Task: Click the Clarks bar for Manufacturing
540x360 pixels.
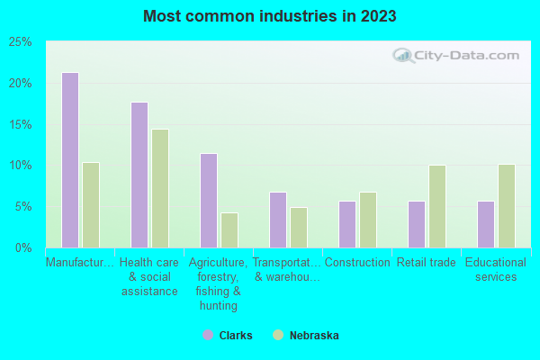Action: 70,160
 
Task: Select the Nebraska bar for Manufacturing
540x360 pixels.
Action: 91,205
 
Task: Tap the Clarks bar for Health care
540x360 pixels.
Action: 139,175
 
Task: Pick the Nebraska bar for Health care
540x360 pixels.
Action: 160,188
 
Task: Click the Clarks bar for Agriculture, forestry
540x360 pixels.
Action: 209,201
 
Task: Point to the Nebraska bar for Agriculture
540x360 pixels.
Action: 229,230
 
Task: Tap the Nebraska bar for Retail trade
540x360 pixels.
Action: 437,206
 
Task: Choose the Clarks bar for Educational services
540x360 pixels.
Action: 486,224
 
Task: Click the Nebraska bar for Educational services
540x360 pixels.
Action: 507,206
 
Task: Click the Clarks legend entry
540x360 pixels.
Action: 228,335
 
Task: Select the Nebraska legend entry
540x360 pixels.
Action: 306,335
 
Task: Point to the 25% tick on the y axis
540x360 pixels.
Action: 20,42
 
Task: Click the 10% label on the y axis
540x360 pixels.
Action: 20,166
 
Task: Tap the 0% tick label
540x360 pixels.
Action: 22,247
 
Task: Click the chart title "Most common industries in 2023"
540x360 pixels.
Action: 269,16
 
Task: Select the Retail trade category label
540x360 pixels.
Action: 427,263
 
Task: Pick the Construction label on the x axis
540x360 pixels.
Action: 357,263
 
